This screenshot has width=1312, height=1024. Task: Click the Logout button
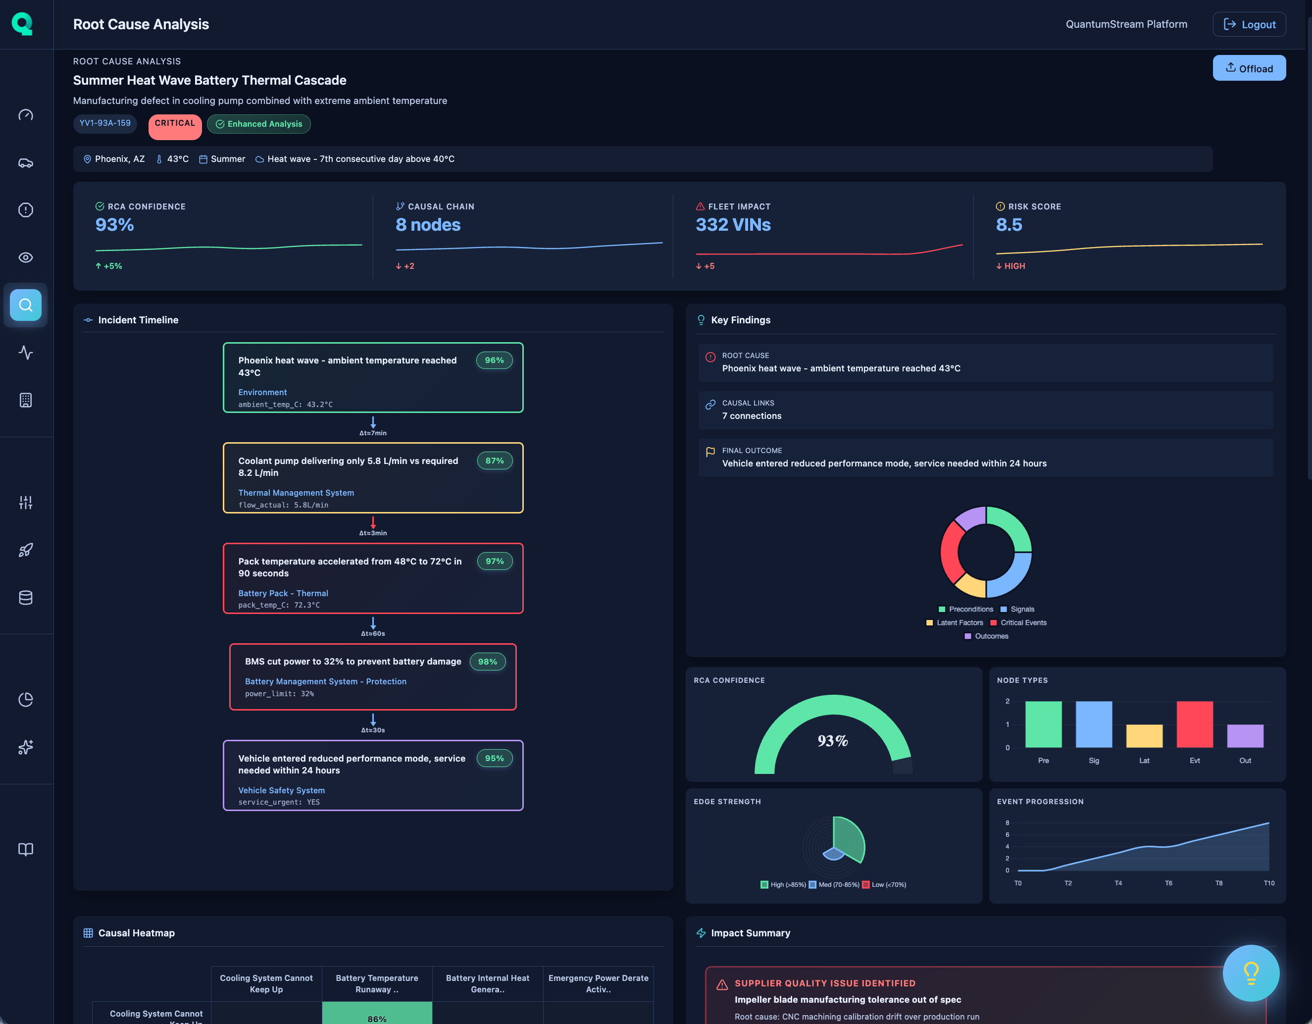[x=1249, y=24]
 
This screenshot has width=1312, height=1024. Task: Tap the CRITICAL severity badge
[x=175, y=124]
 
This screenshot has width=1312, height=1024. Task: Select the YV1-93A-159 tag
[x=105, y=123]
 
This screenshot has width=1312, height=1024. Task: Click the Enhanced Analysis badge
[x=259, y=124]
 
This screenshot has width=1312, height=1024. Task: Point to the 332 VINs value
[x=733, y=225]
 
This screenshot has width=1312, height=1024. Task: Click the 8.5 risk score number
[x=1009, y=225]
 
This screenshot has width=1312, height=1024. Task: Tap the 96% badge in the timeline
[x=494, y=360]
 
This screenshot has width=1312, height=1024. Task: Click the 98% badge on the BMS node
[x=487, y=662]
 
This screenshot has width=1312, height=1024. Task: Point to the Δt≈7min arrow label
[x=373, y=433]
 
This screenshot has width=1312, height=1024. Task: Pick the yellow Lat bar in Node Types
[x=1144, y=736]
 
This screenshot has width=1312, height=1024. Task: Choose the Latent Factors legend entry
[x=955, y=622]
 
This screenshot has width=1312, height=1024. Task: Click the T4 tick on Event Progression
[x=1118, y=883]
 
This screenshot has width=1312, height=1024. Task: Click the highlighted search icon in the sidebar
[x=26, y=306]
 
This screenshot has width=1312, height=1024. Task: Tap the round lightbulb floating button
[x=1251, y=973]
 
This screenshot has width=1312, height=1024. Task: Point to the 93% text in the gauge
[x=833, y=741]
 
